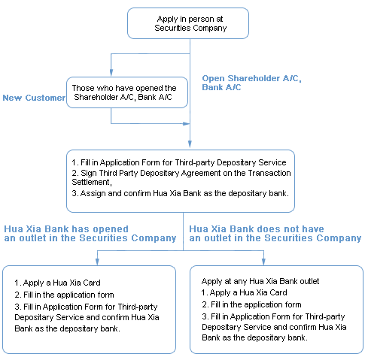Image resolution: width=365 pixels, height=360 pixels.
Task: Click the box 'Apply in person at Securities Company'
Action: tap(188, 23)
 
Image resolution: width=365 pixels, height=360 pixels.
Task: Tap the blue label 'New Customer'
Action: tap(34, 98)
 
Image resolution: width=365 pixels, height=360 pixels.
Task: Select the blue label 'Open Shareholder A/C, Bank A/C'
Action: tap(251, 83)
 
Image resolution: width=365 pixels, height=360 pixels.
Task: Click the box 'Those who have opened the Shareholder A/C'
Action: tap(127, 92)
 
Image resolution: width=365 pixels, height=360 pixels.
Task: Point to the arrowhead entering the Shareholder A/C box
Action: tap(111, 73)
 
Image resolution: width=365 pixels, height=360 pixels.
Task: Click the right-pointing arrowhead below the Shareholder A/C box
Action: tap(186, 123)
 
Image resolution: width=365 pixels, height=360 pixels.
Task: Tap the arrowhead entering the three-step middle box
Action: tap(190, 144)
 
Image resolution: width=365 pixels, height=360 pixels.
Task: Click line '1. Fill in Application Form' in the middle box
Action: tap(179, 162)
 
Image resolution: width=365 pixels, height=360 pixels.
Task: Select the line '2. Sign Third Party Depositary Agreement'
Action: tap(181, 173)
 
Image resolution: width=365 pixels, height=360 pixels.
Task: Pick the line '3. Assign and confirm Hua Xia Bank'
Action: tap(180, 193)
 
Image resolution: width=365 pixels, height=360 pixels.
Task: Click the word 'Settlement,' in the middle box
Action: tap(92, 182)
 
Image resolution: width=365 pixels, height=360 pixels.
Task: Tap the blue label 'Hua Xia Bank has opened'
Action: tap(66, 229)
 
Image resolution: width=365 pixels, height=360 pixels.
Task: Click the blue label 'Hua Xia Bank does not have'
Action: tap(257, 229)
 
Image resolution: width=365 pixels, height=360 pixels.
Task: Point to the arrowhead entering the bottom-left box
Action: tap(97, 262)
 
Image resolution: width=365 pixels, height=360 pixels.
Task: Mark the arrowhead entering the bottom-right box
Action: tap(263, 262)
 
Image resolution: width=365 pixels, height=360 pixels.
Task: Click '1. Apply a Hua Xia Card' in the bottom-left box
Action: tap(57, 283)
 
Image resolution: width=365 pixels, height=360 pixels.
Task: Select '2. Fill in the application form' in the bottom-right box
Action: tap(251, 304)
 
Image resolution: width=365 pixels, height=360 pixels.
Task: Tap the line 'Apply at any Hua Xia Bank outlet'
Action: tap(260, 281)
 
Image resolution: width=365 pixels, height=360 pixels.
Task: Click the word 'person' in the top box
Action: tap(200, 20)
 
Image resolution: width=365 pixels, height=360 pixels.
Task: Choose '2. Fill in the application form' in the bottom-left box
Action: tap(64, 295)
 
